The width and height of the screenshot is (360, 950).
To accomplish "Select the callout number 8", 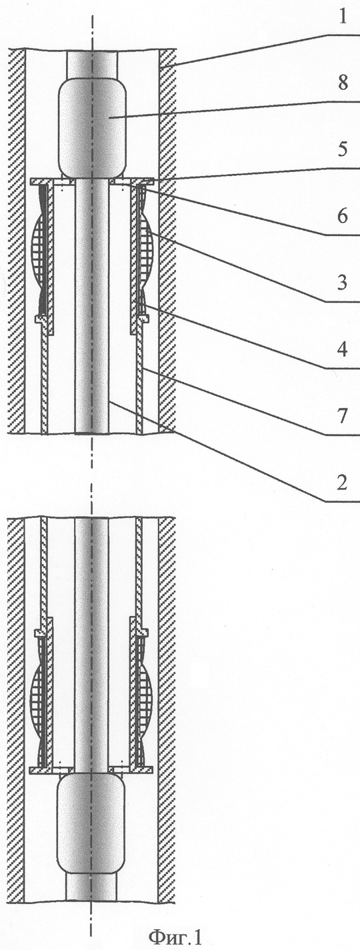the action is point(343,83).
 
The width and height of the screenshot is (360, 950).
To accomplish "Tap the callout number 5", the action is point(343,150).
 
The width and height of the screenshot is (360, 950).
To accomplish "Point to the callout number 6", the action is point(343,216).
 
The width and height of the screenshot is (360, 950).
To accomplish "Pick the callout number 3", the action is point(343,283).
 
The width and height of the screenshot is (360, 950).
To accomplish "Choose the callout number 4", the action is point(343,350).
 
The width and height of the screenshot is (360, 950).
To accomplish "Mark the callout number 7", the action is point(343,417).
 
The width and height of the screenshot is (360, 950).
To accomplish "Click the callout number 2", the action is point(343,483).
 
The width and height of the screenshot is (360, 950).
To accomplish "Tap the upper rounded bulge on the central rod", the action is point(91,127).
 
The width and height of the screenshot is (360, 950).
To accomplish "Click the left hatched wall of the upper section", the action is point(16,239).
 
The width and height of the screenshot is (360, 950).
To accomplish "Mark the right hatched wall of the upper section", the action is point(167,239).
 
